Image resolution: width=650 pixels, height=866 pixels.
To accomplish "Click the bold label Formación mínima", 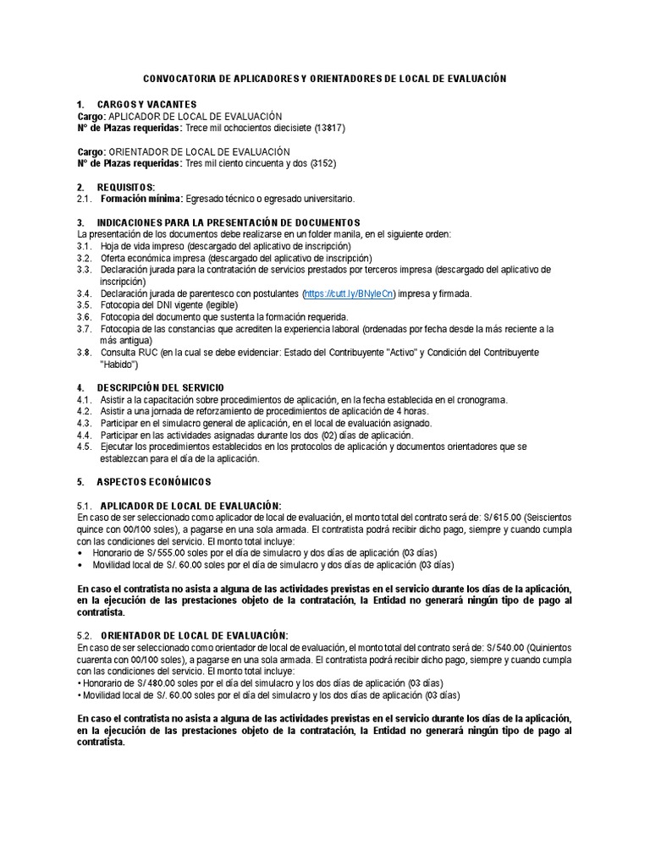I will tap(140, 199).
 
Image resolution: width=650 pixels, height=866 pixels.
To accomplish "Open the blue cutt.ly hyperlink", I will tap(348, 293).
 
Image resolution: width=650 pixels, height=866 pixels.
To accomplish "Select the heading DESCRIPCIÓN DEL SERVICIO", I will tap(161, 387).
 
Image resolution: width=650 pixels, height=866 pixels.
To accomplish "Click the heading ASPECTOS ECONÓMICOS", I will tap(153, 481).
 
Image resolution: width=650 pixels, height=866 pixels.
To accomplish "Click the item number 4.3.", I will tap(84, 423).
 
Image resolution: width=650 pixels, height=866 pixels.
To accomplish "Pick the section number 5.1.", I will tap(85, 506).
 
